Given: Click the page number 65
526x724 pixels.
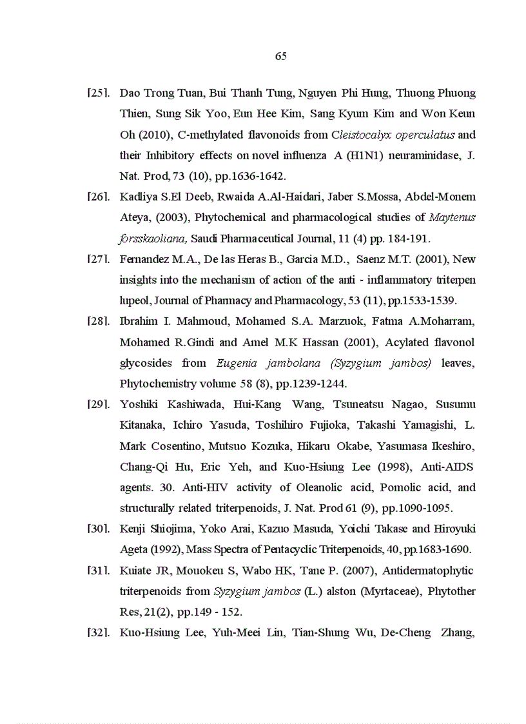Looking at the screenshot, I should (x=280, y=56).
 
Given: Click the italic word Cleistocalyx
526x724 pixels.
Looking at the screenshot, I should (x=361, y=135).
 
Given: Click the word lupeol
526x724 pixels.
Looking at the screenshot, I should (x=135, y=300).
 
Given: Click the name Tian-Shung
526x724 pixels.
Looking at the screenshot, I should (x=320, y=632).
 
